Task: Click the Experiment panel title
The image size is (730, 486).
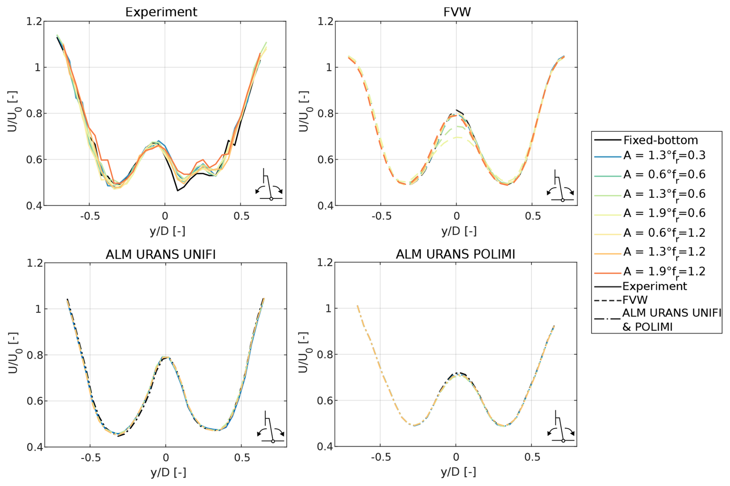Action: click(161, 12)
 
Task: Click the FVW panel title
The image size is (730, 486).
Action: click(457, 12)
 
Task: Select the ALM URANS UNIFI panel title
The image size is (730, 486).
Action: click(161, 254)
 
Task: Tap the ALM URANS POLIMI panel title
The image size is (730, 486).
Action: click(455, 254)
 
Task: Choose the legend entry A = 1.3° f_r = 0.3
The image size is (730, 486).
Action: click(664, 155)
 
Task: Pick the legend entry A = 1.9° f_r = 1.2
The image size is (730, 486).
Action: click(664, 272)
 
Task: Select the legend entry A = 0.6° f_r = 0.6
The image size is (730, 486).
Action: click(664, 175)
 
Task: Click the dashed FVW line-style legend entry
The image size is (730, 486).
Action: click(635, 300)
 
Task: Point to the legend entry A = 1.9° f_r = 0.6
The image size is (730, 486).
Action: click(664, 213)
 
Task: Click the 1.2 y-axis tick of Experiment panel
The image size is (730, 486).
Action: click(34, 21)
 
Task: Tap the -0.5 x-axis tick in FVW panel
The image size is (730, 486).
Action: click(381, 216)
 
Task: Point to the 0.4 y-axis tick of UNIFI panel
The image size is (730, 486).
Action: click(35, 447)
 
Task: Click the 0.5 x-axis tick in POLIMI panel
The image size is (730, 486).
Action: click(532, 457)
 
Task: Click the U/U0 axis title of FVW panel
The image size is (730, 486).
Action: click(304, 112)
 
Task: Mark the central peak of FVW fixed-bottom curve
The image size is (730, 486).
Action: click(456, 110)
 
